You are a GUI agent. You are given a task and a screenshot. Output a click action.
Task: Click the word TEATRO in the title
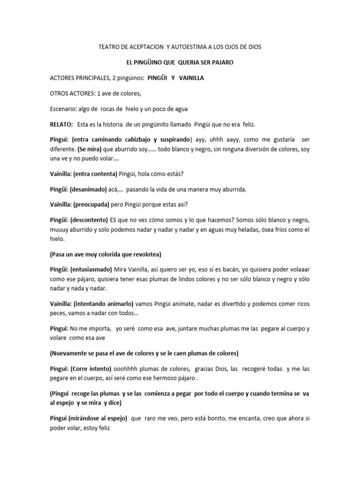[109, 47]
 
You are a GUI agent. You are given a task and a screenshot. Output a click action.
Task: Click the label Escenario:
[66, 109]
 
